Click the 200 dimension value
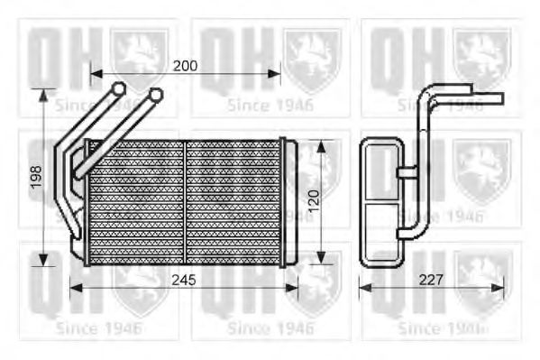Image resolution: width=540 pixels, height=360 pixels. (185, 65)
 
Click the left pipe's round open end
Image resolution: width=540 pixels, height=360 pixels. (118, 88)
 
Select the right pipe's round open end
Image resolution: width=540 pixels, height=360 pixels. (155, 94)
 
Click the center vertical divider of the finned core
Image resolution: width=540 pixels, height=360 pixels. (185, 202)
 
